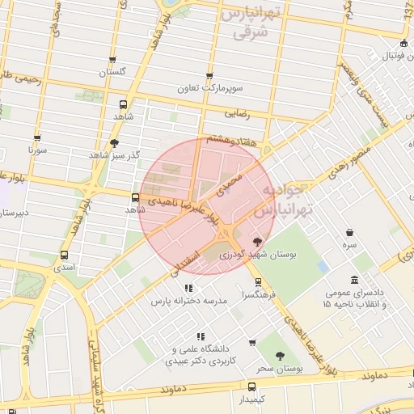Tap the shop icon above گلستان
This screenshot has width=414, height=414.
[x=112, y=60]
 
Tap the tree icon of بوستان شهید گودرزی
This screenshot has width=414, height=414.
[x=257, y=241]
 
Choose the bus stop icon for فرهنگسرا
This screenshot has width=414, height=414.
[x=258, y=282]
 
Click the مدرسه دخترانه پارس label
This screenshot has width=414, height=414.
[x=188, y=301]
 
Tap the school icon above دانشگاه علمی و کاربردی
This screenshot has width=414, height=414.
[x=200, y=336]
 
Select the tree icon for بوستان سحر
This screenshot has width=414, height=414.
[x=280, y=355]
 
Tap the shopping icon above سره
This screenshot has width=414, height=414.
[x=349, y=232]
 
